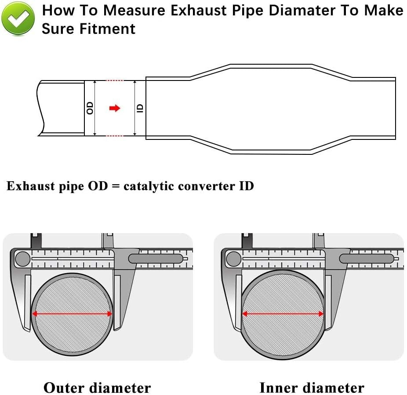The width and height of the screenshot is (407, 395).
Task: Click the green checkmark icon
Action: tap(18, 18)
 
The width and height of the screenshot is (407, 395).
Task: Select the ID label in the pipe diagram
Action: tap(140, 108)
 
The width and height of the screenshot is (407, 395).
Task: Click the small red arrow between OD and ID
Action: tap(115, 108)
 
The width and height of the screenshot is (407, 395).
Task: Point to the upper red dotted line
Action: tap(115, 80)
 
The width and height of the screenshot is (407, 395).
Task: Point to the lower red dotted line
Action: tap(115, 136)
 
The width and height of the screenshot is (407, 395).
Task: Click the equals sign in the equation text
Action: tap(116, 187)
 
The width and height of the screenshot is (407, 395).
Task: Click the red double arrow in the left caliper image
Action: tap(72, 314)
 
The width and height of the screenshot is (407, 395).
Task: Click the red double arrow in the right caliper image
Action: tap(283, 314)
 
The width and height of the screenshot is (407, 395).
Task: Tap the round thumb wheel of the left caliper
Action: tap(22, 258)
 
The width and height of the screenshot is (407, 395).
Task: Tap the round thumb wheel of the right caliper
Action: tap(233, 258)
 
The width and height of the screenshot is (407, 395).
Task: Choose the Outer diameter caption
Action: tap(97, 388)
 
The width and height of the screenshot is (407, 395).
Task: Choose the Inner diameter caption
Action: tap(312, 388)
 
